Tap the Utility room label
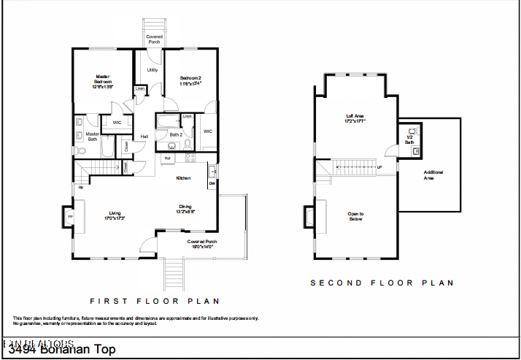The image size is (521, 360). [152, 70]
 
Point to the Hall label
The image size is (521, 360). [144, 137]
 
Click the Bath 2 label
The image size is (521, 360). [176, 134]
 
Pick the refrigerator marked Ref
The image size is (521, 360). [167, 158]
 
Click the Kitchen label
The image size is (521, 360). [183, 177]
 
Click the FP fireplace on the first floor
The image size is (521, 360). [70, 217]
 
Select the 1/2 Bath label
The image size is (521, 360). [409, 139]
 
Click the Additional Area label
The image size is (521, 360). [433, 175]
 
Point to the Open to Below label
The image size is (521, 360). [355, 216]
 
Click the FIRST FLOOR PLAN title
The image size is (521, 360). [154, 301]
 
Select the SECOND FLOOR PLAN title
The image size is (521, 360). [382, 283]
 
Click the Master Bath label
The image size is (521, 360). [93, 137]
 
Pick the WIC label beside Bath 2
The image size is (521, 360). [207, 131]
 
